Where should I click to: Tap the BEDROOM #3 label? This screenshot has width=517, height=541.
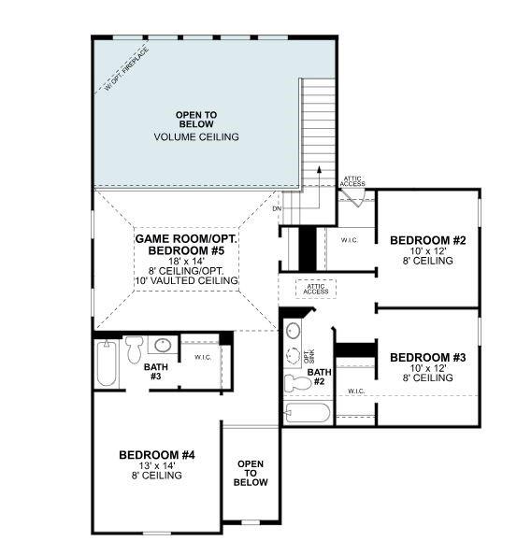tap(421, 357)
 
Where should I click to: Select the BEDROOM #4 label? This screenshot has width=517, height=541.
tap(156, 454)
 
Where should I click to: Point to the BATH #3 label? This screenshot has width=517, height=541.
tap(156, 372)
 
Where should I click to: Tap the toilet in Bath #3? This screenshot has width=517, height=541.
tap(133, 349)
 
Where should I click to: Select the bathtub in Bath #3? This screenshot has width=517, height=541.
tap(104, 363)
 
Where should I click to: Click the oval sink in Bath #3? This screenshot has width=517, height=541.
tap(161, 346)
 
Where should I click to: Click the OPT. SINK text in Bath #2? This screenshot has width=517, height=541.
tap(308, 355)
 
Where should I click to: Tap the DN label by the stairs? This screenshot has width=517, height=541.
tap(277, 207)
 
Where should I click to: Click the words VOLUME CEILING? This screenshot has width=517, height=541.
tap(195, 137)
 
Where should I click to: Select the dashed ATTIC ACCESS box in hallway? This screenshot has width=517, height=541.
tap(315, 289)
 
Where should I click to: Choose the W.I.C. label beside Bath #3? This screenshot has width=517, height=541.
tap(202, 356)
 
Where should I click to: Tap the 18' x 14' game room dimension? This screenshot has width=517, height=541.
tap(187, 260)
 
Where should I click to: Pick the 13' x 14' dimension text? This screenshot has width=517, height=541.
tap(156, 465)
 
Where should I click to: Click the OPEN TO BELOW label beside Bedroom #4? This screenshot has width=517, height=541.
tap(251, 473)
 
